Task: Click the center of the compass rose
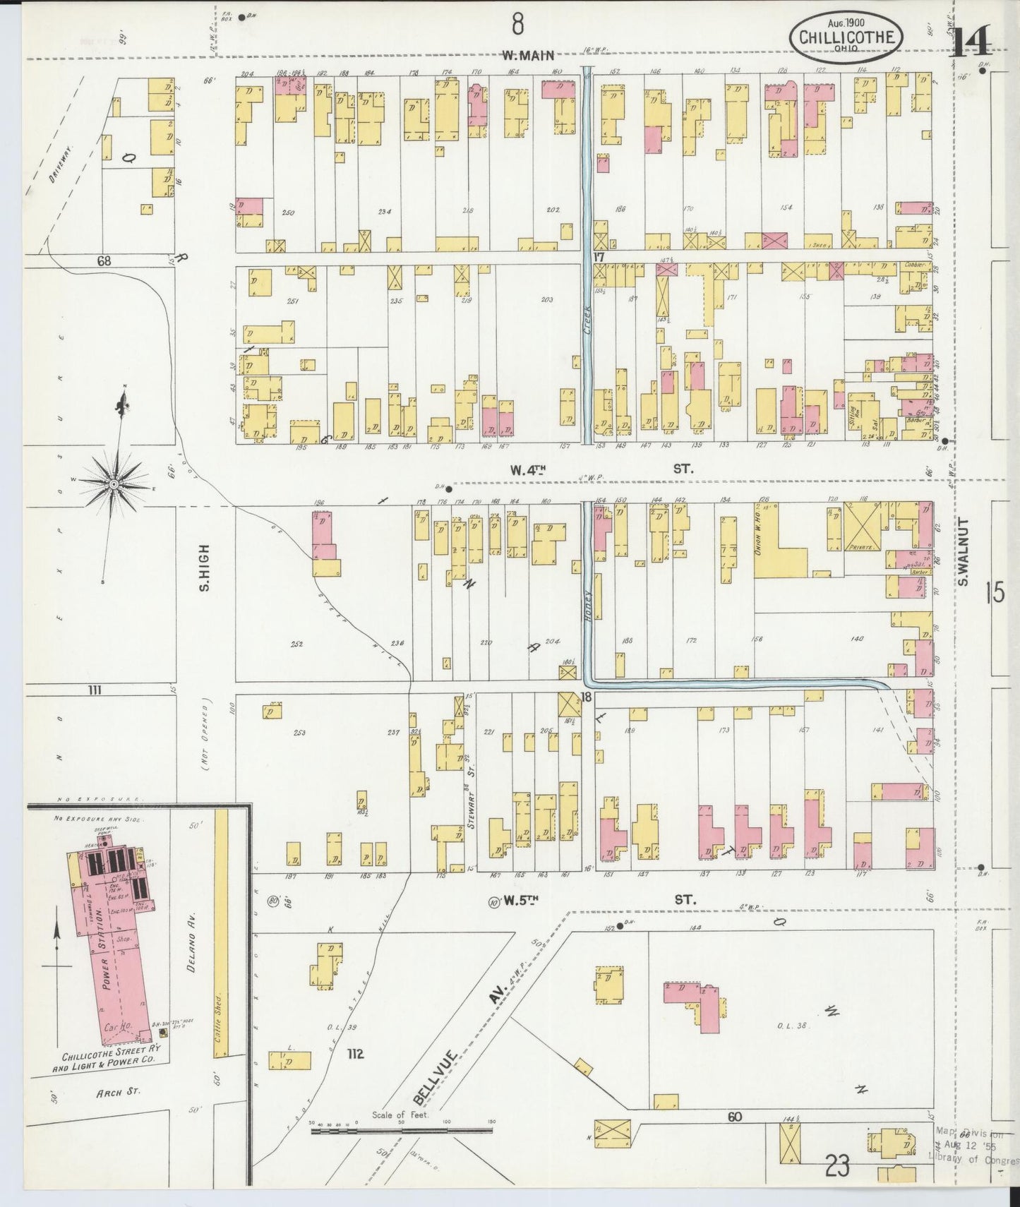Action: [x=114, y=484]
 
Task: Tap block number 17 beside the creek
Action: [x=599, y=258]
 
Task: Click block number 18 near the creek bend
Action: [x=585, y=697]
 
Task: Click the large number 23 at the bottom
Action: [x=836, y=1168]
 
